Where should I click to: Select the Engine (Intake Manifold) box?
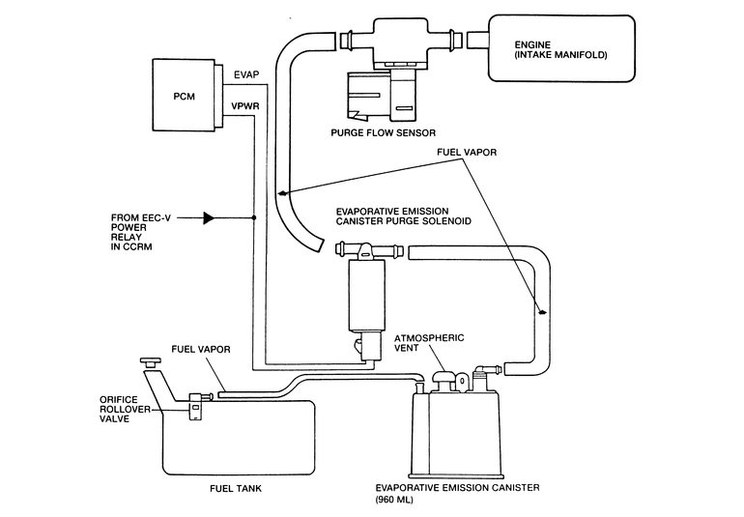[x=561, y=48]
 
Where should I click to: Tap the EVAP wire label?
[x=246, y=75]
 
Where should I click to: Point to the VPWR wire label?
[x=245, y=106]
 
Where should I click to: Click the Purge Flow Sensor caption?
[x=383, y=133]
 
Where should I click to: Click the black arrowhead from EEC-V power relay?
[x=209, y=217]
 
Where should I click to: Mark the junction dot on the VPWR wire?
[x=254, y=217]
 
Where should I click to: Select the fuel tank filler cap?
[x=151, y=362]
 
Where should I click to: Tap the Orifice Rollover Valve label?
[x=125, y=409]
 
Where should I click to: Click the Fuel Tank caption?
[x=236, y=489]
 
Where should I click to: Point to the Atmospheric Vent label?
[x=429, y=343]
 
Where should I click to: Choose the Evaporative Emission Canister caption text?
[x=457, y=488]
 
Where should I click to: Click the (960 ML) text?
[x=394, y=500]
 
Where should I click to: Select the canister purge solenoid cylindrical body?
[x=367, y=296]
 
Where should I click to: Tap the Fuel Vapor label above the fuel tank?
[x=201, y=350]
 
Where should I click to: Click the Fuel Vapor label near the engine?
[x=467, y=153]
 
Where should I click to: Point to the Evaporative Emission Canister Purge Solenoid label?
[x=403, y=216]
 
